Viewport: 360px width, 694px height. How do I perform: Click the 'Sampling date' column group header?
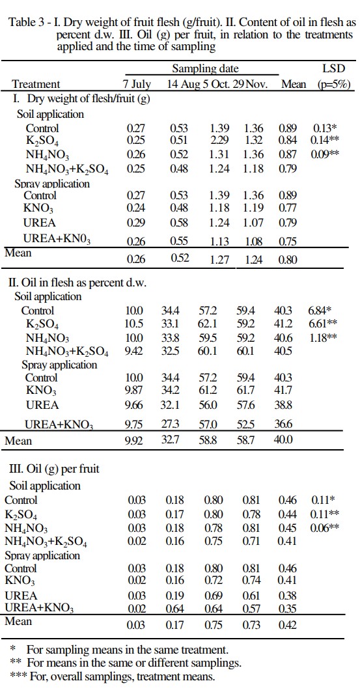(205, 68)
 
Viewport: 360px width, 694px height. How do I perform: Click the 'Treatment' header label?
(36, 84)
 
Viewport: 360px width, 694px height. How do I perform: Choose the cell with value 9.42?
(133, 352)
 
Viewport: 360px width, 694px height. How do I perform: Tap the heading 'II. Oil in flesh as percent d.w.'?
(77, 283)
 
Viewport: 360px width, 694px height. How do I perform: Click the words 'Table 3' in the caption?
(26, 23)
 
